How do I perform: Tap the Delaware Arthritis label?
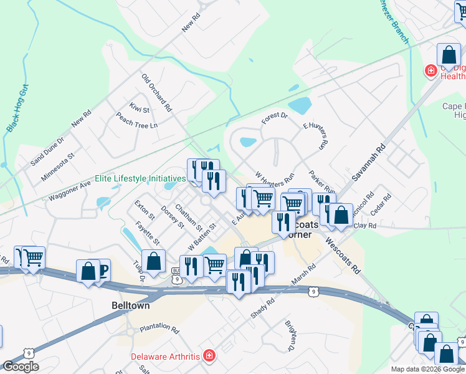[164, 357]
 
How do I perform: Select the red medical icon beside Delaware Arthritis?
[210, 357]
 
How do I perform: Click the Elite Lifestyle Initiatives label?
[140, 178]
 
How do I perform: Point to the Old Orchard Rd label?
[156, 92]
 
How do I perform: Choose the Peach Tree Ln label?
[136, 120]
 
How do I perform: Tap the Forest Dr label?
[274, 117]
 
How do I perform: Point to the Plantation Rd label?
[159, 327]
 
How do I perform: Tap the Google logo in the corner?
[21, 367]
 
